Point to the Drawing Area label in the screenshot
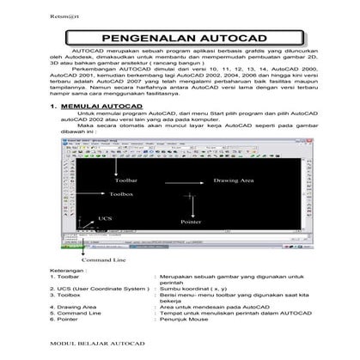234,180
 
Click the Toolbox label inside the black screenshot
128,197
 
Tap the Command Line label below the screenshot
105,257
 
